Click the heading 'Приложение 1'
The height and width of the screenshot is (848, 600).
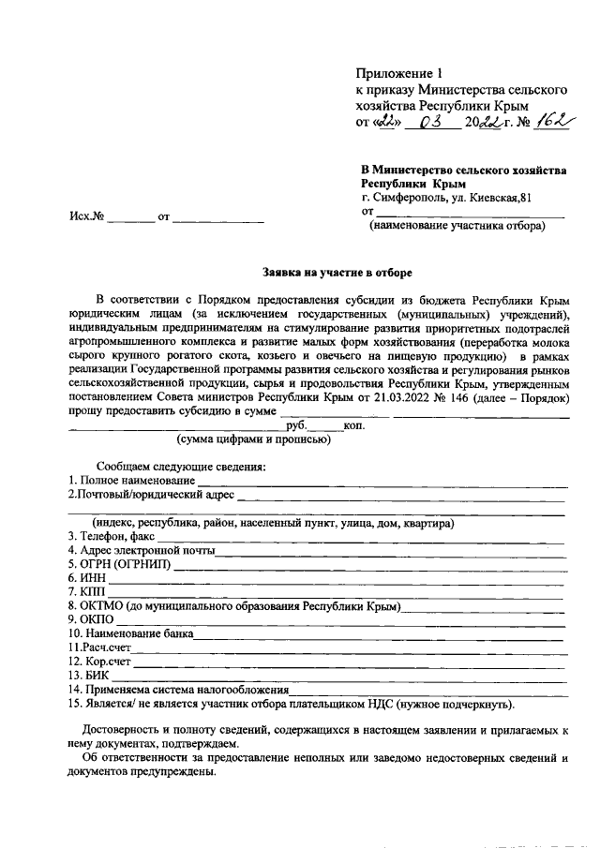[397, 73]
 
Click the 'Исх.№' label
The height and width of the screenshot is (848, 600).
[85, 217]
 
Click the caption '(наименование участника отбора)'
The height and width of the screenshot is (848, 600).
[457, 226]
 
